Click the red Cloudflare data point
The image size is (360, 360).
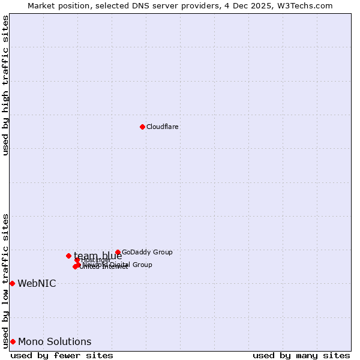click(x=142, y=127)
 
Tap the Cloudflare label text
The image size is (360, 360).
click(x=163, y=127)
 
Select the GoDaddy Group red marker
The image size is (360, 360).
click(x=118, y=253)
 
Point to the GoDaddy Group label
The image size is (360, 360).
click(x=147, y=253)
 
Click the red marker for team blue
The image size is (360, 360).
click(x=68, y=256)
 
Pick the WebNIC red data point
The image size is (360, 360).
click(x=12, y=283)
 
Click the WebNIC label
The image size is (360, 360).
click(x=37, y=283)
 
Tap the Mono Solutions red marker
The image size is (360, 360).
click(x=13, y=341)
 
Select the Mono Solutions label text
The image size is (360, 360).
click(x=55, y=342)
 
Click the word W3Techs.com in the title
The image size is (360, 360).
click(x=307, y=5)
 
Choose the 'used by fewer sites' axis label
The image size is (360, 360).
click(x=62, y=355)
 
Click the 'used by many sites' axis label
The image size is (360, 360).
click(x=301, y=355)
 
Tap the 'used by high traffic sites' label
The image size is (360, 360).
click(x=6, y=85)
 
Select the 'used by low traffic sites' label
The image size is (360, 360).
click(x=6, y=280)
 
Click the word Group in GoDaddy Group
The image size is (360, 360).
click(x=161, y=253)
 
